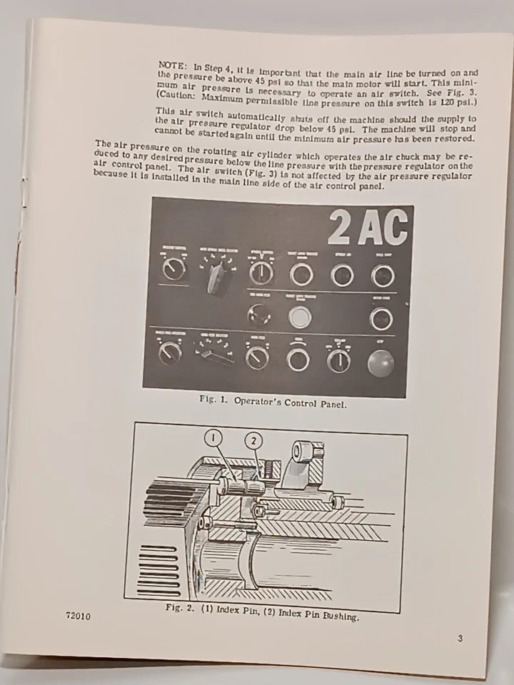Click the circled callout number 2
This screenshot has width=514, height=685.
[x=253, y=441]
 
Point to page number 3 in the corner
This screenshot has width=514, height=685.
[x=460, y=638]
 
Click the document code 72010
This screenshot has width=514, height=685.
[x=78, y=615]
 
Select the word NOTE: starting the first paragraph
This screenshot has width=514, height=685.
[x=173, y=64]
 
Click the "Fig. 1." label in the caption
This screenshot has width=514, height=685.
[x=213, y=400]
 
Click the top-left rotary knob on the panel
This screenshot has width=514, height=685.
[x=173, y=269]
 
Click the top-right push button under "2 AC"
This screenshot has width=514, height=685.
[x=382, y=275]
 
